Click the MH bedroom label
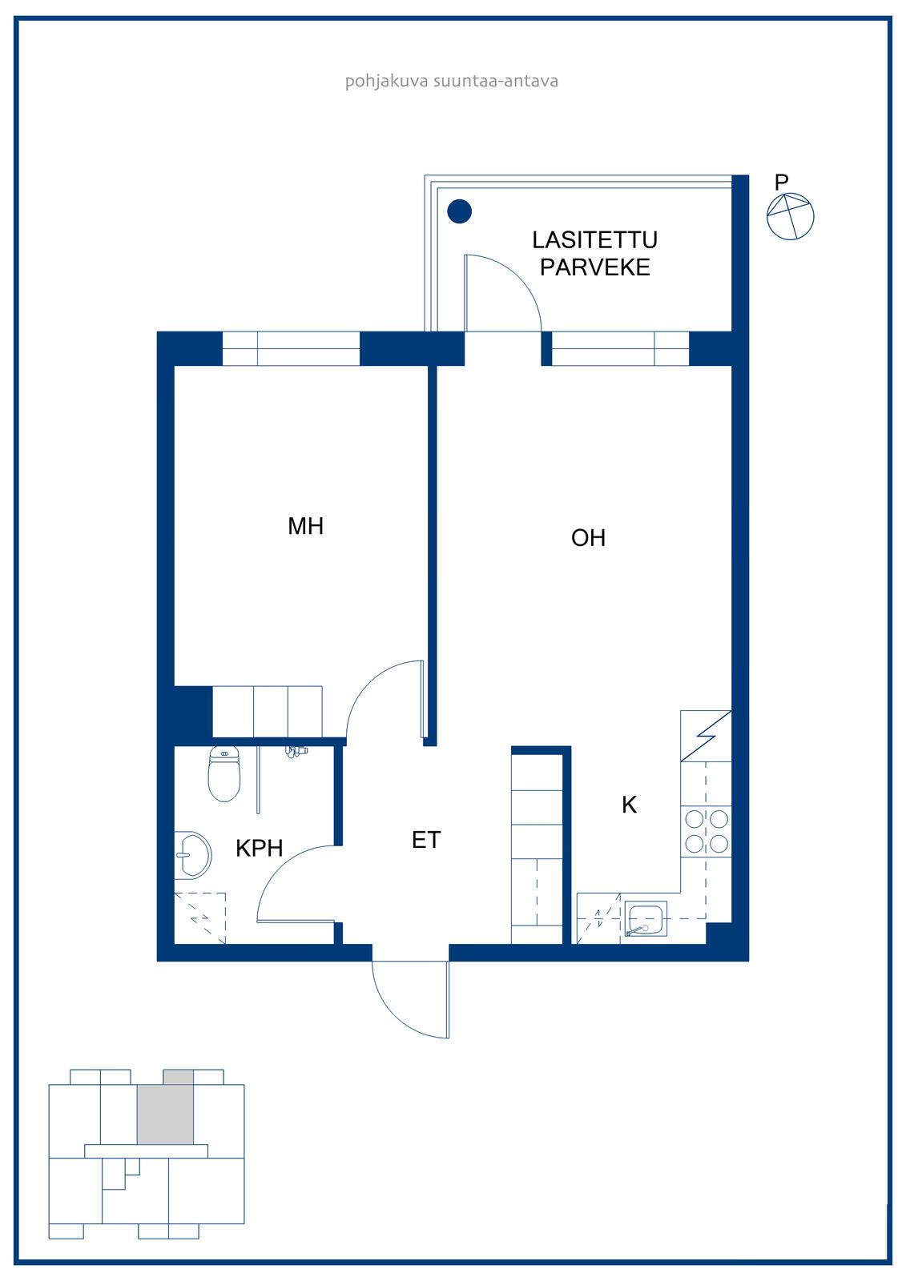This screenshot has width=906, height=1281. tap(306, 526)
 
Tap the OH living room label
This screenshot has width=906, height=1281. tap(588, 537)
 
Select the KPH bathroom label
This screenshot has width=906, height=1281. tap(260, 849)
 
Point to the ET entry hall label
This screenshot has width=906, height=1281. tap(426, 840)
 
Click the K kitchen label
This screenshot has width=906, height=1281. tap(629, 805)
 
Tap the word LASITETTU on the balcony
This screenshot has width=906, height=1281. tap(594, 240)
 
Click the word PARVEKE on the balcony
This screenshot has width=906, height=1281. tap(595, 267)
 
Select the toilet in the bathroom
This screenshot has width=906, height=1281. tap(223, 773)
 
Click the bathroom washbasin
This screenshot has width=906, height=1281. tap(192, 855)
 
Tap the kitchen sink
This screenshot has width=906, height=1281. tap(646, 919)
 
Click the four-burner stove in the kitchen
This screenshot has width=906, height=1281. tap(707, 832)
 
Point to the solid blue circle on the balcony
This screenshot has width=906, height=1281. tap(459, 211)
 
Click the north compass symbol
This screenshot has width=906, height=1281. tap(790, 216)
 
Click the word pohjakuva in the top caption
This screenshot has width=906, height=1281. tap(386, 81)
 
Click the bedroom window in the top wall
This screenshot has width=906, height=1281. tap(291, 348)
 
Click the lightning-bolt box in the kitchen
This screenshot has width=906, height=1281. tap(707, 736)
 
